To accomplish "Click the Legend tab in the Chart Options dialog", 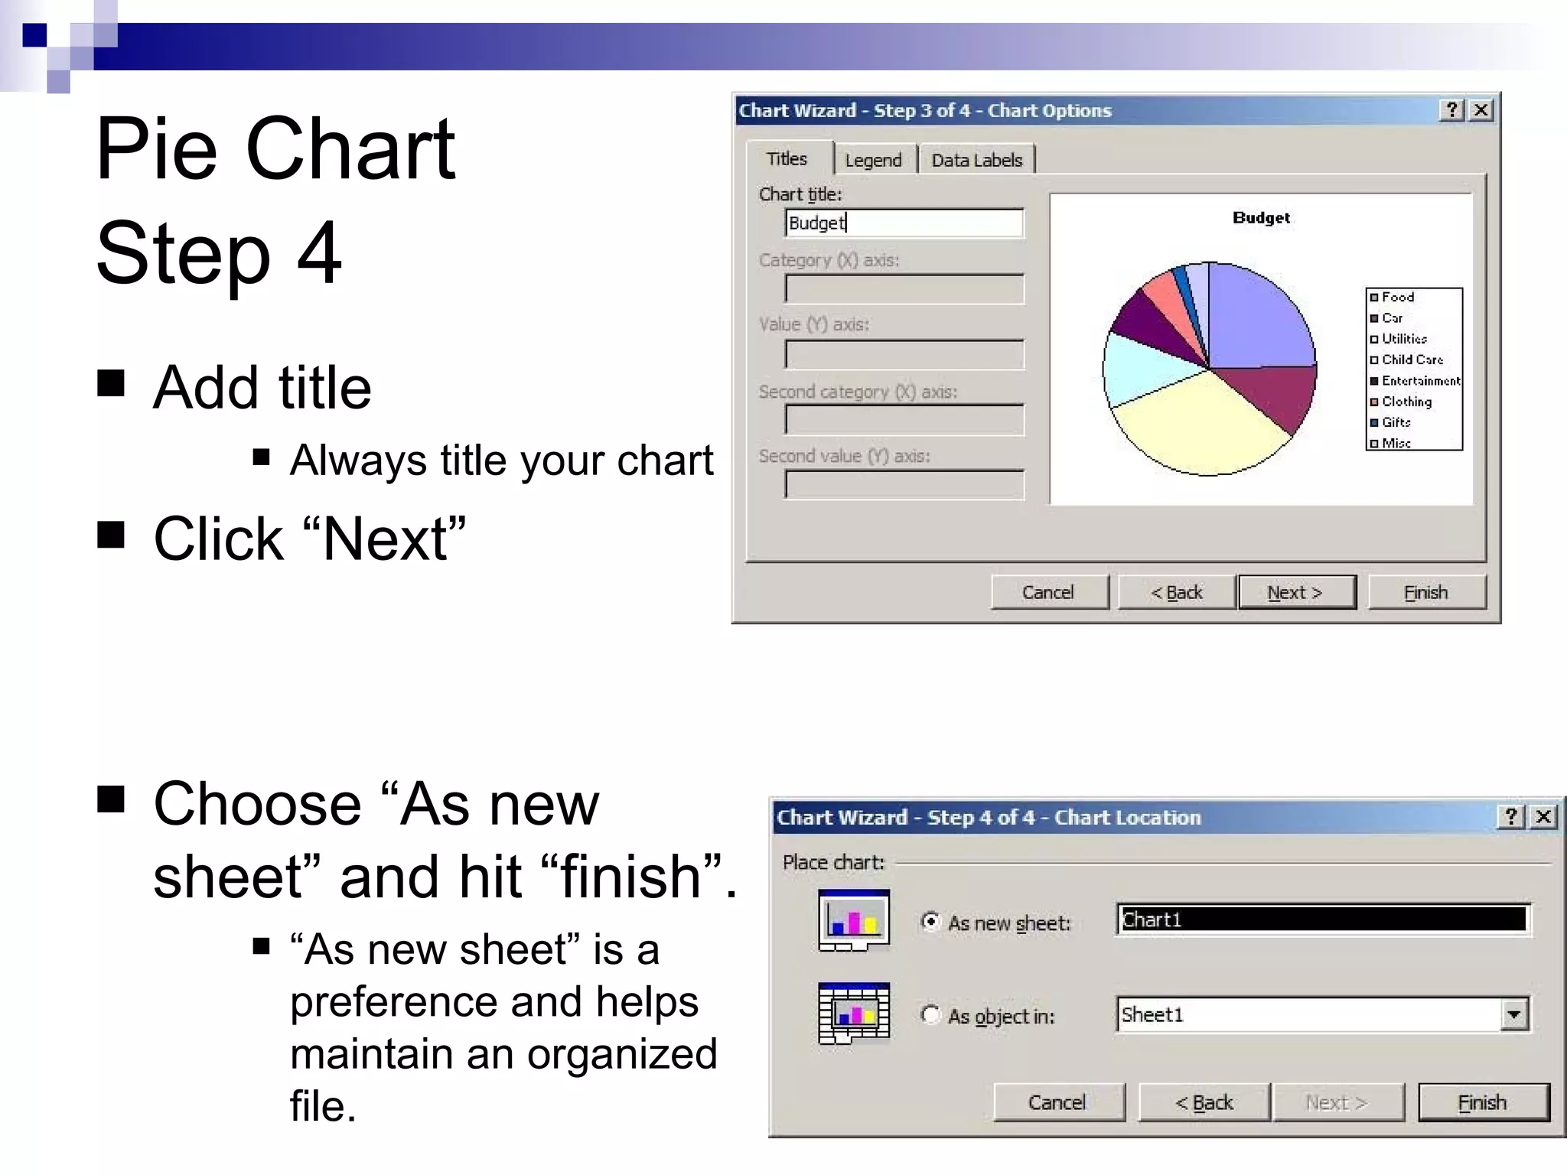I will (873, 160).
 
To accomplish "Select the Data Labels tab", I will (976, 160).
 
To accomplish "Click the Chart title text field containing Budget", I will (904, 223).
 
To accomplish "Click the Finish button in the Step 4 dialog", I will (1482, 1102).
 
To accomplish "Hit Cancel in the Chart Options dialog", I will (1048, 592).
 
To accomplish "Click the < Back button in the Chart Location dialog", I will (1204, 1102).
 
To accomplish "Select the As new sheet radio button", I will (930, 922).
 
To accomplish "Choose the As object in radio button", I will (930, 1015).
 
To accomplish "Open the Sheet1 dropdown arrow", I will (1513, 1015).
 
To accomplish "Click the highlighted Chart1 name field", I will (1322, 919).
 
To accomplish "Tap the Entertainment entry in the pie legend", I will (1420, 380).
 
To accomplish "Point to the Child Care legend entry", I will (1412, 360).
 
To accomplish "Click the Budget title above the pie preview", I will (1261, 218).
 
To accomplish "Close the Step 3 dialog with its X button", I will (1481, 110).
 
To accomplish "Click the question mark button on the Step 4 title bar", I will (1510, 817).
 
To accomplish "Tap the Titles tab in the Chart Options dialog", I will (787, 158).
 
